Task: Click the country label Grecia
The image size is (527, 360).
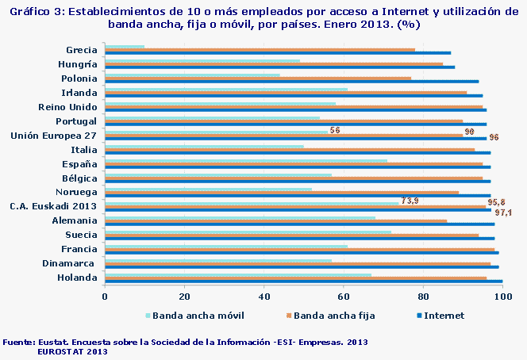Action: click(x=82, y=50)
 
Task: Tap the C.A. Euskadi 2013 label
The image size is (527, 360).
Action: click(x=54, y=206)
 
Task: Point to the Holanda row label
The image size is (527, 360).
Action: click(x=78, y=278)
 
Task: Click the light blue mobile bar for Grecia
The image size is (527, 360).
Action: click(x=125, y=46)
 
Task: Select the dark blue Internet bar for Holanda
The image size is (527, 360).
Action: click(x=303, y=281)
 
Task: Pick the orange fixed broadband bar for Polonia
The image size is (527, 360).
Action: click(x=258, y=79)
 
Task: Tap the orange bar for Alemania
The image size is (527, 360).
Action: click(x=276, y=221)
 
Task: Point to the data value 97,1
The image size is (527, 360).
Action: click(x=503, y=213)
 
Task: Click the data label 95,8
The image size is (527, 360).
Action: click(x=497, y=204)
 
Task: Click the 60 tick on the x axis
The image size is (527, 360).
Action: click(x=344, y=297)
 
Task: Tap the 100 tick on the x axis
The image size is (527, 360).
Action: click(x=502, y=297)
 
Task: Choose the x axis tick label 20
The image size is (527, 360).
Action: click(x=184, y=297)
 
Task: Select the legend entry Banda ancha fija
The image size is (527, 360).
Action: click(x=333, y=315)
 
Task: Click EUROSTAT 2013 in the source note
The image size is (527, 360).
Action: click(x=72, y=350)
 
